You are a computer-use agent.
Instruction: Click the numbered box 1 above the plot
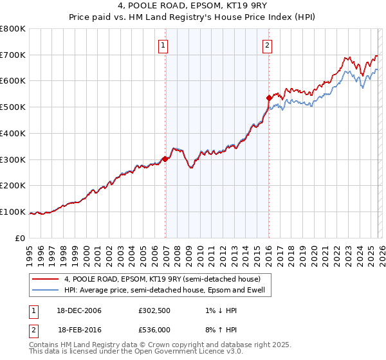pos(164,45)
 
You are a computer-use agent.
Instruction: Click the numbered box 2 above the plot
pos(267,45)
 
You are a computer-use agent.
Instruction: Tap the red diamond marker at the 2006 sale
pos(165,159)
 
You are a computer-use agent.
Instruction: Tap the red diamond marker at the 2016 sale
pos(269,98)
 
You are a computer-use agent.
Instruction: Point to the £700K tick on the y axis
pos(13,55)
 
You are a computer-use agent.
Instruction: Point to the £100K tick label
pos(13,212)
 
